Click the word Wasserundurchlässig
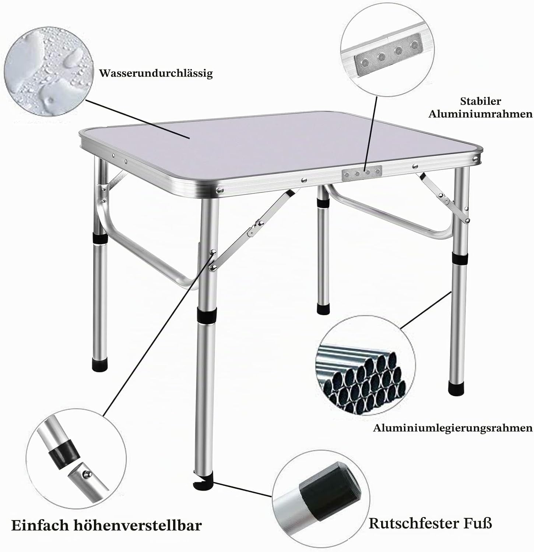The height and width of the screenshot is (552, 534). point(156,73)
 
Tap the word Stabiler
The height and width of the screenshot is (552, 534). point(481,101)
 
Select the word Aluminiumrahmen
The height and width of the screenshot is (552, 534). point(481,114)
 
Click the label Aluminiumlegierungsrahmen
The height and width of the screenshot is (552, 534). point(453,428)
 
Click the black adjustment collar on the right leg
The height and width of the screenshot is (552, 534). point(459,258)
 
